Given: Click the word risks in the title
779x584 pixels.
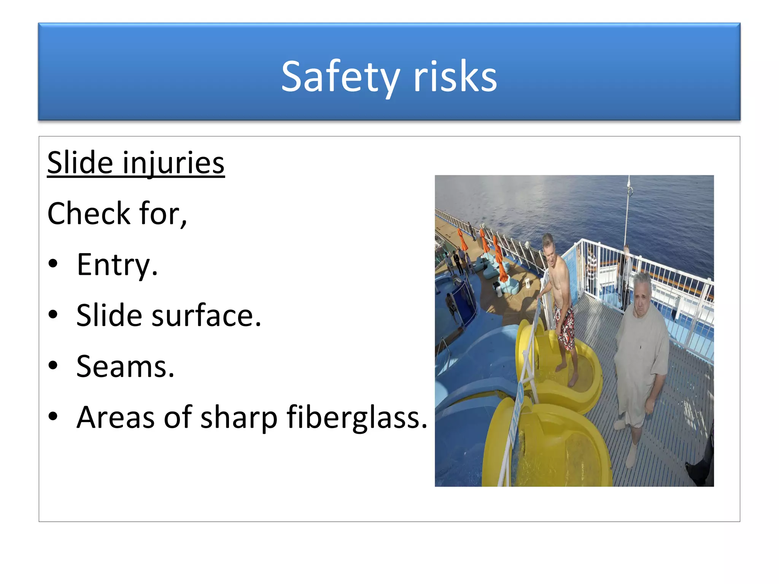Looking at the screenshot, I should (455, 77).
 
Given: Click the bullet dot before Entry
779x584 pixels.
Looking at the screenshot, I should (53, 263).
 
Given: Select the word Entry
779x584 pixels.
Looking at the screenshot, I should (117, 265).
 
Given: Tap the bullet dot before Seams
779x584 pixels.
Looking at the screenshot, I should (53, 365).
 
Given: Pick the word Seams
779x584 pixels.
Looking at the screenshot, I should (125, 367).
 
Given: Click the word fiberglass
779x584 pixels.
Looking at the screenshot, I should (357, 417).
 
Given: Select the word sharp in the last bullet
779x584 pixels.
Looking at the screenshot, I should (238, 417).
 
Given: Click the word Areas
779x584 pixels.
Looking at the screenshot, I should (115, 417).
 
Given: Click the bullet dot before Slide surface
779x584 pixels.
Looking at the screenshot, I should (53, 314).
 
